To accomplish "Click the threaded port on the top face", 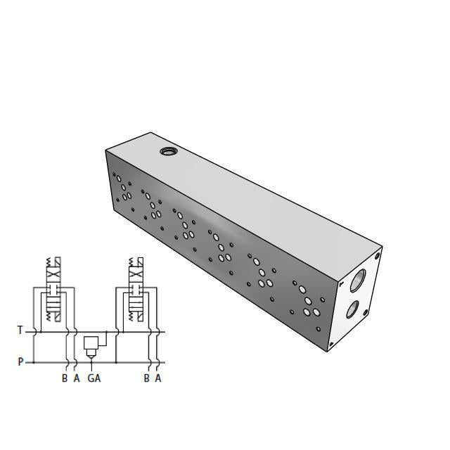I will coord(169,151).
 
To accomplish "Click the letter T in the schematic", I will coord(20,330).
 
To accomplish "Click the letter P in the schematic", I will coord(20,362).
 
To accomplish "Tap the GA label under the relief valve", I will coord(94,378).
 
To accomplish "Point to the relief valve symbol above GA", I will coord(91,345).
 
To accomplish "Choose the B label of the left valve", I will coord(65,378).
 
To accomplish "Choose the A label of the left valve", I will coord(77,378).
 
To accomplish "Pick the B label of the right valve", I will coord(146,378).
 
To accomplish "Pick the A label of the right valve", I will coord(158,378).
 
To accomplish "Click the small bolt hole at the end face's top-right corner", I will coord(378,255).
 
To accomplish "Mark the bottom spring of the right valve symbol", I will coord(133,316).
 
